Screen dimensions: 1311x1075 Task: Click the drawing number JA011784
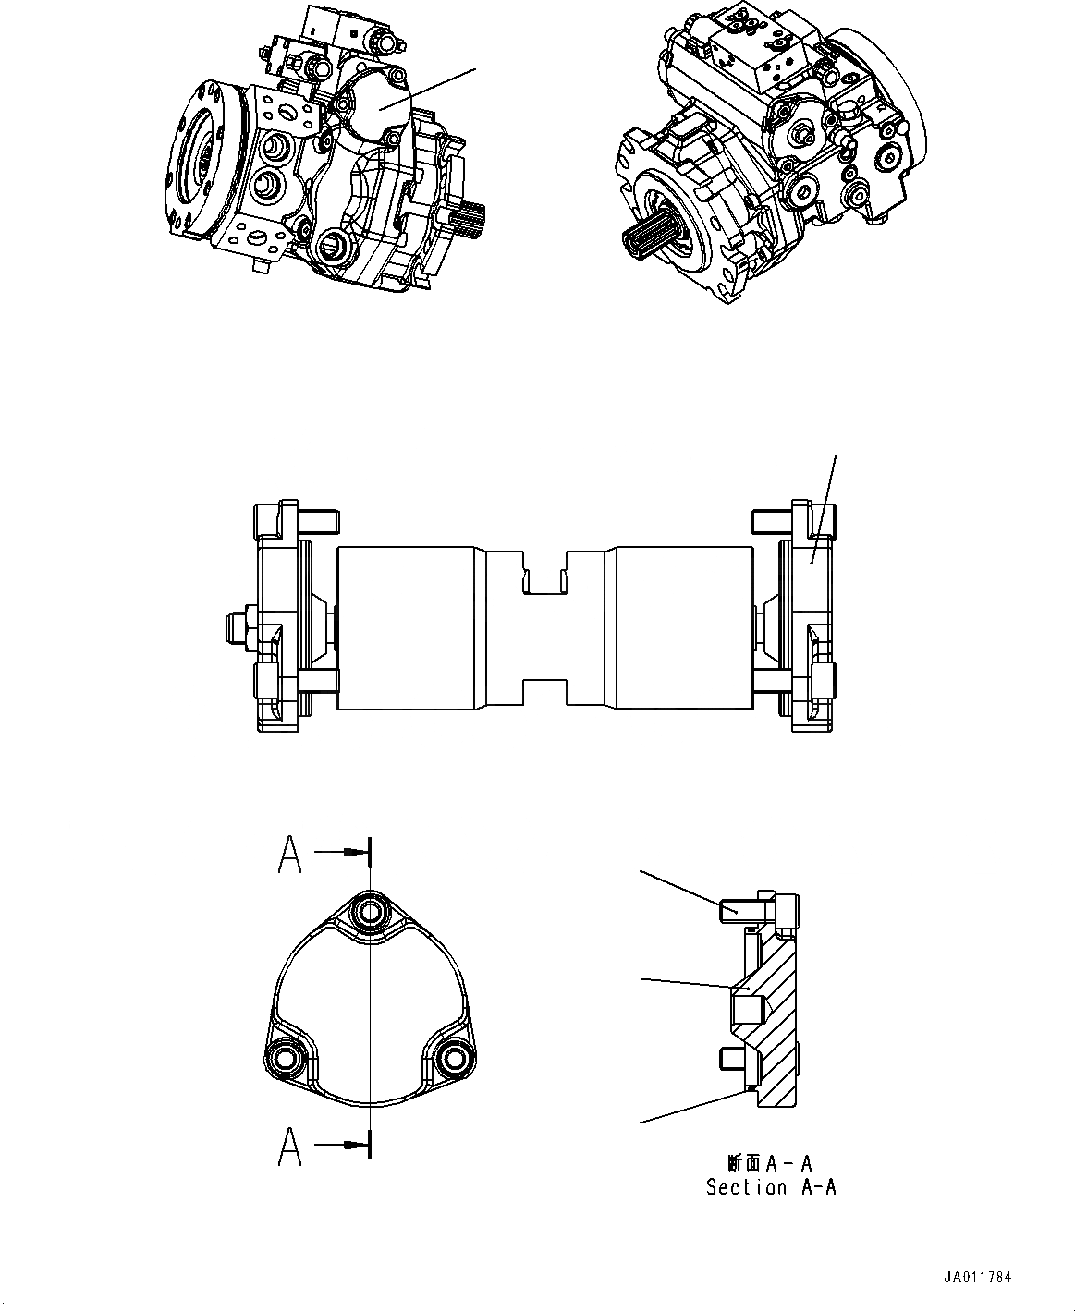[x=978, y=1278]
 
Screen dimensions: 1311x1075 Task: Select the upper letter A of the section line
[x=290, y=856]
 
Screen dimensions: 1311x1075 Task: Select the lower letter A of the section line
[x=290, y=1148]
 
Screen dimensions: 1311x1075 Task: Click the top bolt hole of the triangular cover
[x=371, y=911]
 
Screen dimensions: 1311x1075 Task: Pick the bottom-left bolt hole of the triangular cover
[x=283, y=1057]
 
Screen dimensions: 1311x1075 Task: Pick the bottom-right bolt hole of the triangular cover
[x=453, y=1057]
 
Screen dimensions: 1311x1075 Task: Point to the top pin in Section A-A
[x=737, y=910]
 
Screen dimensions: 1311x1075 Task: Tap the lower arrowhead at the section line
[x=351, y=1145]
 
